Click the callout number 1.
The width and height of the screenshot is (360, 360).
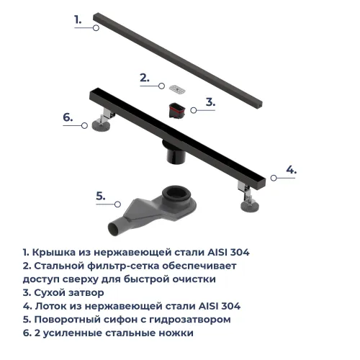click(78, 20)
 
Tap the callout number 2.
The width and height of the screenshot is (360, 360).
click(143, 78)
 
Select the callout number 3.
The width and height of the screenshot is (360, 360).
click(210, 102)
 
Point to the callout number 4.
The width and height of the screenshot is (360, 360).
click(290, 170)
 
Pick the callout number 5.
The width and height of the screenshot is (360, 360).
click(101, 195)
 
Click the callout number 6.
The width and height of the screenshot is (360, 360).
click(67, 117)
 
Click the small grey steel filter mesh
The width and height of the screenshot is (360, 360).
click(176, 89)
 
